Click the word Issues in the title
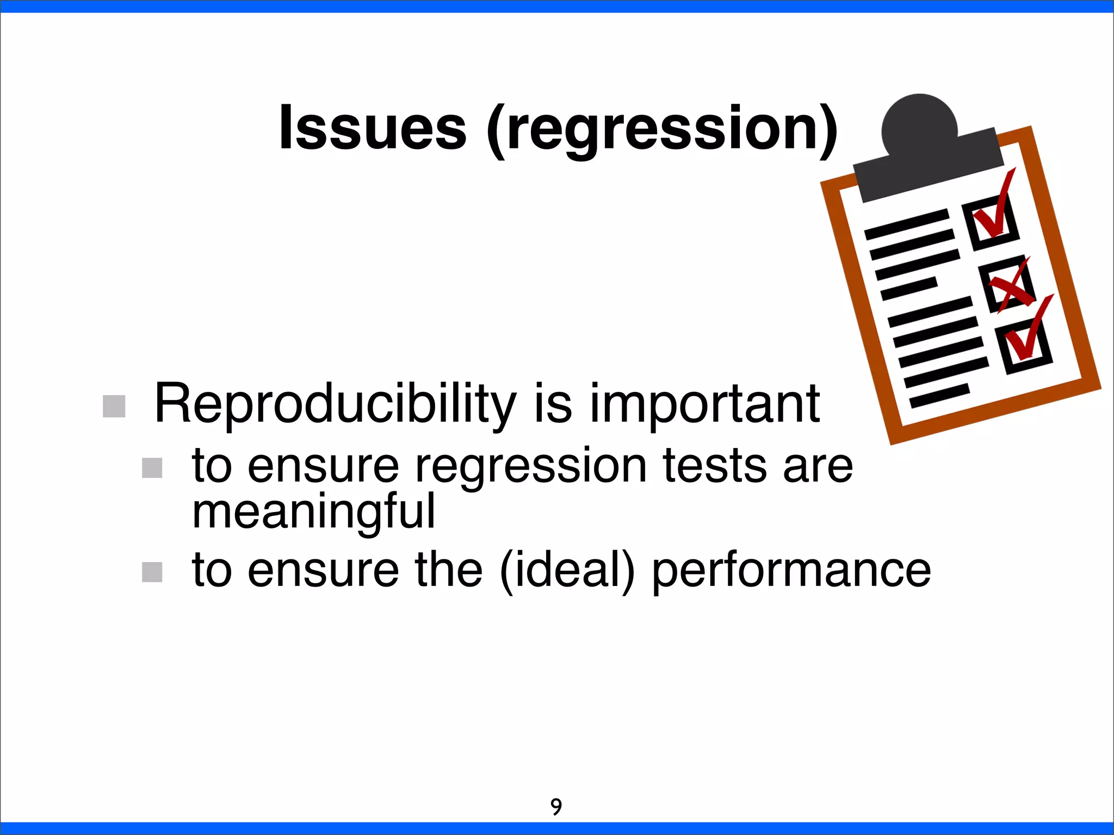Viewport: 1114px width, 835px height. (373, 128)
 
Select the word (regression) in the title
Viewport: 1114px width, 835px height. (662, 130)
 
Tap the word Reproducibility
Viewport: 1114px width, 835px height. (335, 405)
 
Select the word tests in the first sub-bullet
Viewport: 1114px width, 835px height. (714, 466)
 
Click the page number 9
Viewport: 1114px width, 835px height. (556, 807)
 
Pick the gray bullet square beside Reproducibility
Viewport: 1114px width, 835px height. (114, 406)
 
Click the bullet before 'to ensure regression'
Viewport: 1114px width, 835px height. (152, 468)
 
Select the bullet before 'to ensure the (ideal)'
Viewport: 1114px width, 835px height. (152, 572)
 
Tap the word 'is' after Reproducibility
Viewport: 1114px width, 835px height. (553, 405)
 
